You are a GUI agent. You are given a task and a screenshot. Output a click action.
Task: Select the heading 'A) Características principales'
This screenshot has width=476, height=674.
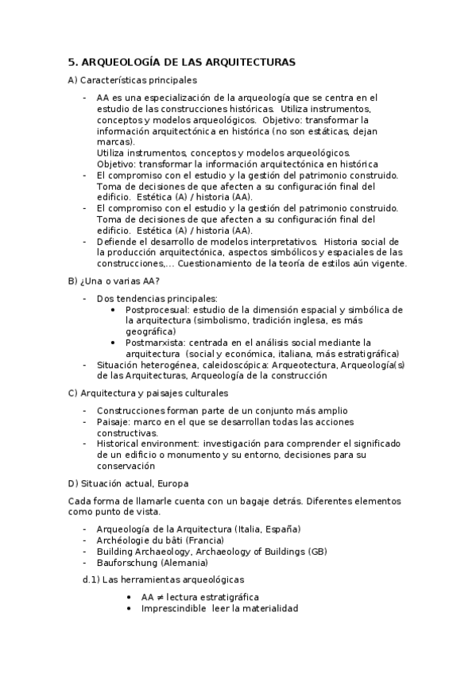click(x=133, y=80)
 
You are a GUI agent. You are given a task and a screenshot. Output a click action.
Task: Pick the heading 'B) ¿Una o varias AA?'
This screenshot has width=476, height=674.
click(x=115, y=281)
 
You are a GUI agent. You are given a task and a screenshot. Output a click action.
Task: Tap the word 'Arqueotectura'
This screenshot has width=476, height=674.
click(x=302, y=365)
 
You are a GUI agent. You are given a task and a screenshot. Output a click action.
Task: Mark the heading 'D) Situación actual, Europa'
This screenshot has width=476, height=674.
click(x=129, y=483)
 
